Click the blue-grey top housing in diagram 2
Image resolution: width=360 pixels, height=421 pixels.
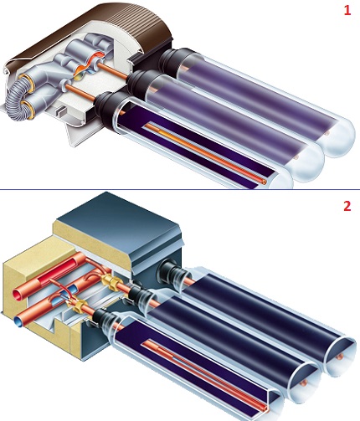click(126, 226)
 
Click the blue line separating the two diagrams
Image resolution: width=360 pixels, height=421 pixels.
click(180, 190)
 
